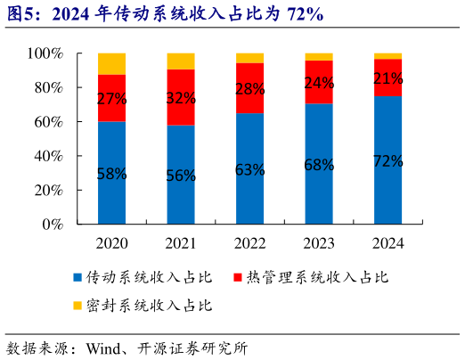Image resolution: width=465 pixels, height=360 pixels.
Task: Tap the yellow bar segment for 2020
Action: pyautogui.click(x=111, y=63)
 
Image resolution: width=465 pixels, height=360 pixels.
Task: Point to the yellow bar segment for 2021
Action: pyautogui.click(x=181, y=61)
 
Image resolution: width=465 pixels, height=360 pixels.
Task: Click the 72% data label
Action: pyautogui.click(x=387, y=161)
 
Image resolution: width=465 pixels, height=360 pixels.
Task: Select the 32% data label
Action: pyautogui.click(x=181, y=98)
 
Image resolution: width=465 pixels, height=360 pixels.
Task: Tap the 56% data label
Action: pyautogui.click(x=181, y=176)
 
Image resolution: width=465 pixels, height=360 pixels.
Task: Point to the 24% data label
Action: pyautogui.click(x=319, y=83)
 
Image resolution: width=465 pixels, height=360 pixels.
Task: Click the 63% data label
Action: pyautogui.click(x=249, y=169)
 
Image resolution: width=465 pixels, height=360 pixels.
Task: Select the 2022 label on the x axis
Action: pyautogui.click(x=249, y=242)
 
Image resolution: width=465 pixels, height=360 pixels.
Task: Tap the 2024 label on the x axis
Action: pyautogui.click(x=387, y=242)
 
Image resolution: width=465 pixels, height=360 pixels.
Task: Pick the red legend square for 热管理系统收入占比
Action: pyautogui.click(x=238, y=278)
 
